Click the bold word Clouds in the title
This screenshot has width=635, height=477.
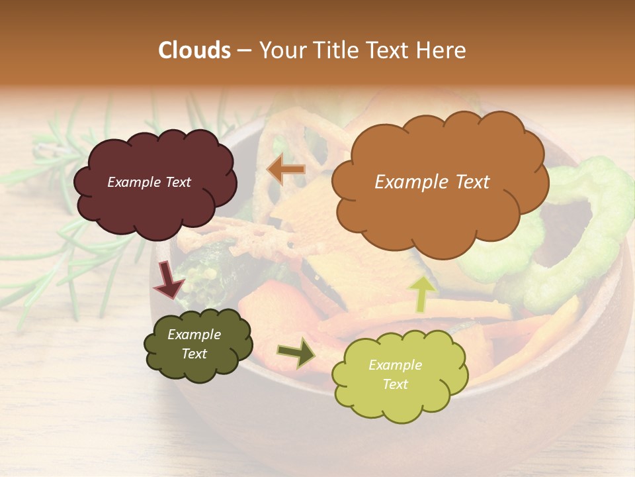click(194, 50)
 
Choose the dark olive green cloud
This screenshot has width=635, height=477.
click(198, 344)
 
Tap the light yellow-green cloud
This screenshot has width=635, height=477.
click(400, 374)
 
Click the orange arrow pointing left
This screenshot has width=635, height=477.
click(286, 170)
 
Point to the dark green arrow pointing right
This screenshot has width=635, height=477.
click(297, 352)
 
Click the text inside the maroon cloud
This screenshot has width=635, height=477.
click(149, 182)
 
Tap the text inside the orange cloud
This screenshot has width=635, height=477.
click(432, 182)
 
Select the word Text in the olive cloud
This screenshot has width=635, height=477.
click(194, 354)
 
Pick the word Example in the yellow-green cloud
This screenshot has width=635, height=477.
click(395, 365)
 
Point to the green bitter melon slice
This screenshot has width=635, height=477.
click(582, 232)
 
